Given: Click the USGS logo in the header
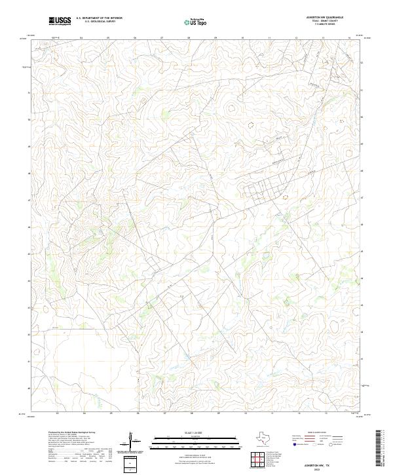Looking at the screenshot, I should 60,22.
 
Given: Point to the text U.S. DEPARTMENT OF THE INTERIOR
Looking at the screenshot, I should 100,18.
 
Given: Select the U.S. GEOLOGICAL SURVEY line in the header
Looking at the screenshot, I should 100,22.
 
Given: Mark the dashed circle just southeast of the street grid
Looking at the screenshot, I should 284,195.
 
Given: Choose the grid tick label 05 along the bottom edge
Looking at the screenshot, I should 111,414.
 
